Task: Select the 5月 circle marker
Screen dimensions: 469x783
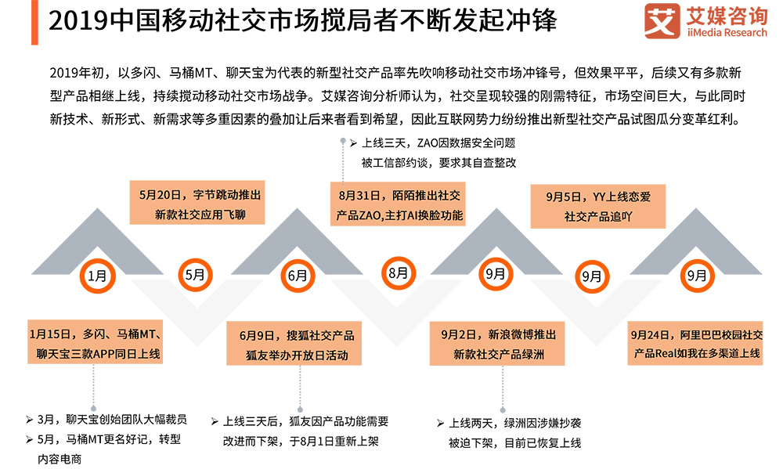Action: (195, 275)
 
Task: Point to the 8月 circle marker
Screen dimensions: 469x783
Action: (398, 273)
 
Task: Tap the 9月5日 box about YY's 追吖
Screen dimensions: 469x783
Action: (598, 206)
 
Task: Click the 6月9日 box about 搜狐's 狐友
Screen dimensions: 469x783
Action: (298, 345)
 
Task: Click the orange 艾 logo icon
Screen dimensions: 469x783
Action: (662, 21)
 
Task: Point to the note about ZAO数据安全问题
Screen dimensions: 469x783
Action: (438, 153)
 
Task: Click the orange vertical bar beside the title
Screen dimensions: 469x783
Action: (35, 21)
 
